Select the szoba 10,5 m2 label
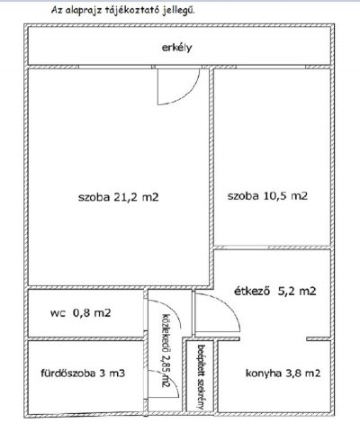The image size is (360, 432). click(268, 195)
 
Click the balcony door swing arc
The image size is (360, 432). click(174, 87)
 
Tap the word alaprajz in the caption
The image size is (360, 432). click(89, 8)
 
